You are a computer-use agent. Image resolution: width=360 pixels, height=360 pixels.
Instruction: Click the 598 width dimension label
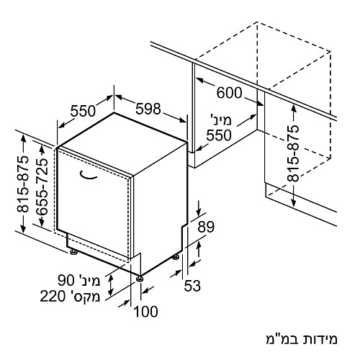pyautogui.click(x=148, y=109)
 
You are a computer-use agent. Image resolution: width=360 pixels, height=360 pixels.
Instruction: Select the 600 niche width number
pyautogui.click(x=229, y=93)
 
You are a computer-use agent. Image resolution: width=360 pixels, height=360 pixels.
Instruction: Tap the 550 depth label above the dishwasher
pyautogui.click(x=83, y=111)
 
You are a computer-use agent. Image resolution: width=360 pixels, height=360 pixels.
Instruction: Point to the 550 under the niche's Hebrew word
pyautogui.click(x=219, y=135)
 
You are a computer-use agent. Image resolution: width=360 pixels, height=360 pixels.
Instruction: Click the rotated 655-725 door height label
pyautogui.click(x=42, y=186)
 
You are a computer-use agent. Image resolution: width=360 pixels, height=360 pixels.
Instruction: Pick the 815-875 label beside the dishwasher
pyautogui.click(x=22, y=184)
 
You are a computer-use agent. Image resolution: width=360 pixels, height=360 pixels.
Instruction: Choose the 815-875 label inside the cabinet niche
pyautogui.click(x=293, y=153)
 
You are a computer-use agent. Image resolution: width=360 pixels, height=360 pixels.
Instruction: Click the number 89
pyautogui.click(x=206, y=227)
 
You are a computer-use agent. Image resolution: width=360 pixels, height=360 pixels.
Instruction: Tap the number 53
pyautogui.click(x=192, y=286)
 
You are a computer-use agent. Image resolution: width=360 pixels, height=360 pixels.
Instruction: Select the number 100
pyautogui.click(x=145, y=312)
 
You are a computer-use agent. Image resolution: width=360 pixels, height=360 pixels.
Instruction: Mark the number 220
pyautogui.click(x=53, y=296)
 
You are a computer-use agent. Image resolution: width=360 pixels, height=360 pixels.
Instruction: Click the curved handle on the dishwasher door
pyautogui.click(x=89, y=176)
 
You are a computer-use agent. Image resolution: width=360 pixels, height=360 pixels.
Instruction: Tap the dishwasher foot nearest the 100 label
pyautogui.click(x=140, y=279)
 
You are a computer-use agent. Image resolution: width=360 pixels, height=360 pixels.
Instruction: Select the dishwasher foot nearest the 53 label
pyautogui.click(x=176, y=257)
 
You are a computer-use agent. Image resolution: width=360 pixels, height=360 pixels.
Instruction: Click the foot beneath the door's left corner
pyautogui.click(x=73, y=251)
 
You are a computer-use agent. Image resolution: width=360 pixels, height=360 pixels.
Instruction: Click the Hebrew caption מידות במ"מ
pyautogui.click(x=302, y=339)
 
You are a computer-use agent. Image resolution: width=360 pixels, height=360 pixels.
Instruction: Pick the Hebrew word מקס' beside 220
pyautogui.click(x=84, y=296)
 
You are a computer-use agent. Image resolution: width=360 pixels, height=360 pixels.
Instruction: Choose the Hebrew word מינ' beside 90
pyautogui.click(x=89, y=280)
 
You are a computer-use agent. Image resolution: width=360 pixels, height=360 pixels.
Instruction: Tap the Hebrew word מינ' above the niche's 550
pyautogui.click(x=221, y=120)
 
